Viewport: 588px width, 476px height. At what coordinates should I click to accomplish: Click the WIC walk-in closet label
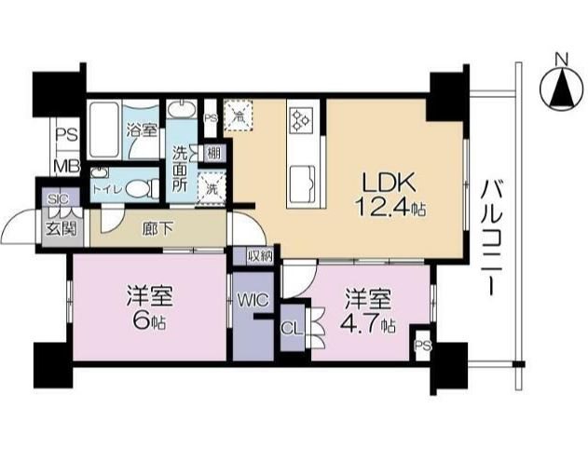(x=252, y=300)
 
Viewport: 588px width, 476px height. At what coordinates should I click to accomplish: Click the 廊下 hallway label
(x=157, y=227)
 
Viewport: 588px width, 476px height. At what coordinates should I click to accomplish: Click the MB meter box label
(x=65, y=167)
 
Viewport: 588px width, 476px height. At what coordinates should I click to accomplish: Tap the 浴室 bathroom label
(x=143, y=130)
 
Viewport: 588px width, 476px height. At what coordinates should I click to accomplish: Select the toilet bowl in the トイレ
(x=139, y=187)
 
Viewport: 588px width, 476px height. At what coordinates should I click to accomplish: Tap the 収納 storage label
(x=260, y=255)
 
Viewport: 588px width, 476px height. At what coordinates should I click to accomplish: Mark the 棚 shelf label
(x=214, y=153)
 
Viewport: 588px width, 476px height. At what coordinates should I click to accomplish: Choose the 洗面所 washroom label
(x=180, y=167)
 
